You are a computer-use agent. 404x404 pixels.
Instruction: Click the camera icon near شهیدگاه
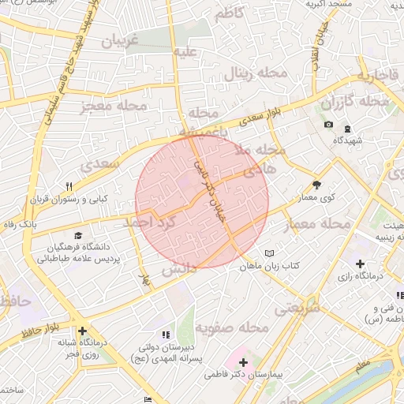[x=328, y=125]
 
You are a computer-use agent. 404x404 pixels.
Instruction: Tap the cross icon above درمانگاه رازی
[x=360, y=264]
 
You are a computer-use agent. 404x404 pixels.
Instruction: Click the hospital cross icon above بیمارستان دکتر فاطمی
[x=243, y=363]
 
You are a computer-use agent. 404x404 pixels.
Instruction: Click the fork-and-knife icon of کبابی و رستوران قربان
[x=69, y=187]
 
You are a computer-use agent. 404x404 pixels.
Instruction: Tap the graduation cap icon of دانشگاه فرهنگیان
[x=77, y=236]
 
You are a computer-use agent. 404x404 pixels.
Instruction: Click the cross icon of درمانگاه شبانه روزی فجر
[x=81, y=331]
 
